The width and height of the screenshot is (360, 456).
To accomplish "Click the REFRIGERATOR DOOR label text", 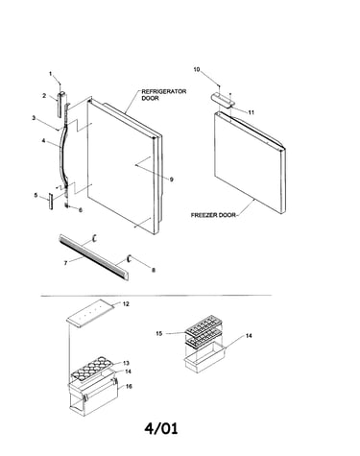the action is click(x=163, y=95).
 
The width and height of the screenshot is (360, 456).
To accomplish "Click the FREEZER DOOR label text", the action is click(x=213, y=215).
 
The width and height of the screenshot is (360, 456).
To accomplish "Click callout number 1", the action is click(x=50, y=74).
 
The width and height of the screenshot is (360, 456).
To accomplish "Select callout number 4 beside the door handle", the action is click(x=44, y=140).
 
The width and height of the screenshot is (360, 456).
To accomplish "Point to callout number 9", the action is click(x=172, y=180).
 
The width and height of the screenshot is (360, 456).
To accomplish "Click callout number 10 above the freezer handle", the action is click(x=197, y=69).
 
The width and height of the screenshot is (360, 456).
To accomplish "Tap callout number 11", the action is click(x=252, y=112).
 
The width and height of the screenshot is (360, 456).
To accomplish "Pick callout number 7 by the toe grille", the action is click(x=65, y=263).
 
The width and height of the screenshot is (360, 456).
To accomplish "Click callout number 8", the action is click(x=154, y=270).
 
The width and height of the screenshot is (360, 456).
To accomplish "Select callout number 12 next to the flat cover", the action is click(x=126, y=304).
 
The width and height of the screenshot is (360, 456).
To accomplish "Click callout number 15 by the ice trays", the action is click(x=159, y=333).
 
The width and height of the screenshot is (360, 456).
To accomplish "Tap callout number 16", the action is click(x=129, y=386).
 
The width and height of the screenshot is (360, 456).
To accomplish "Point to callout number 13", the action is click(x=127, y=363).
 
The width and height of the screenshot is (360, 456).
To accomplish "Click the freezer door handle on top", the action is click(x=223, y=100).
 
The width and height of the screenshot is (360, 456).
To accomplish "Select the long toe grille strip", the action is click(x=94, y=257).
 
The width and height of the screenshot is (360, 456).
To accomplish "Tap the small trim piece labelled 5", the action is click(x=51, y=201).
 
